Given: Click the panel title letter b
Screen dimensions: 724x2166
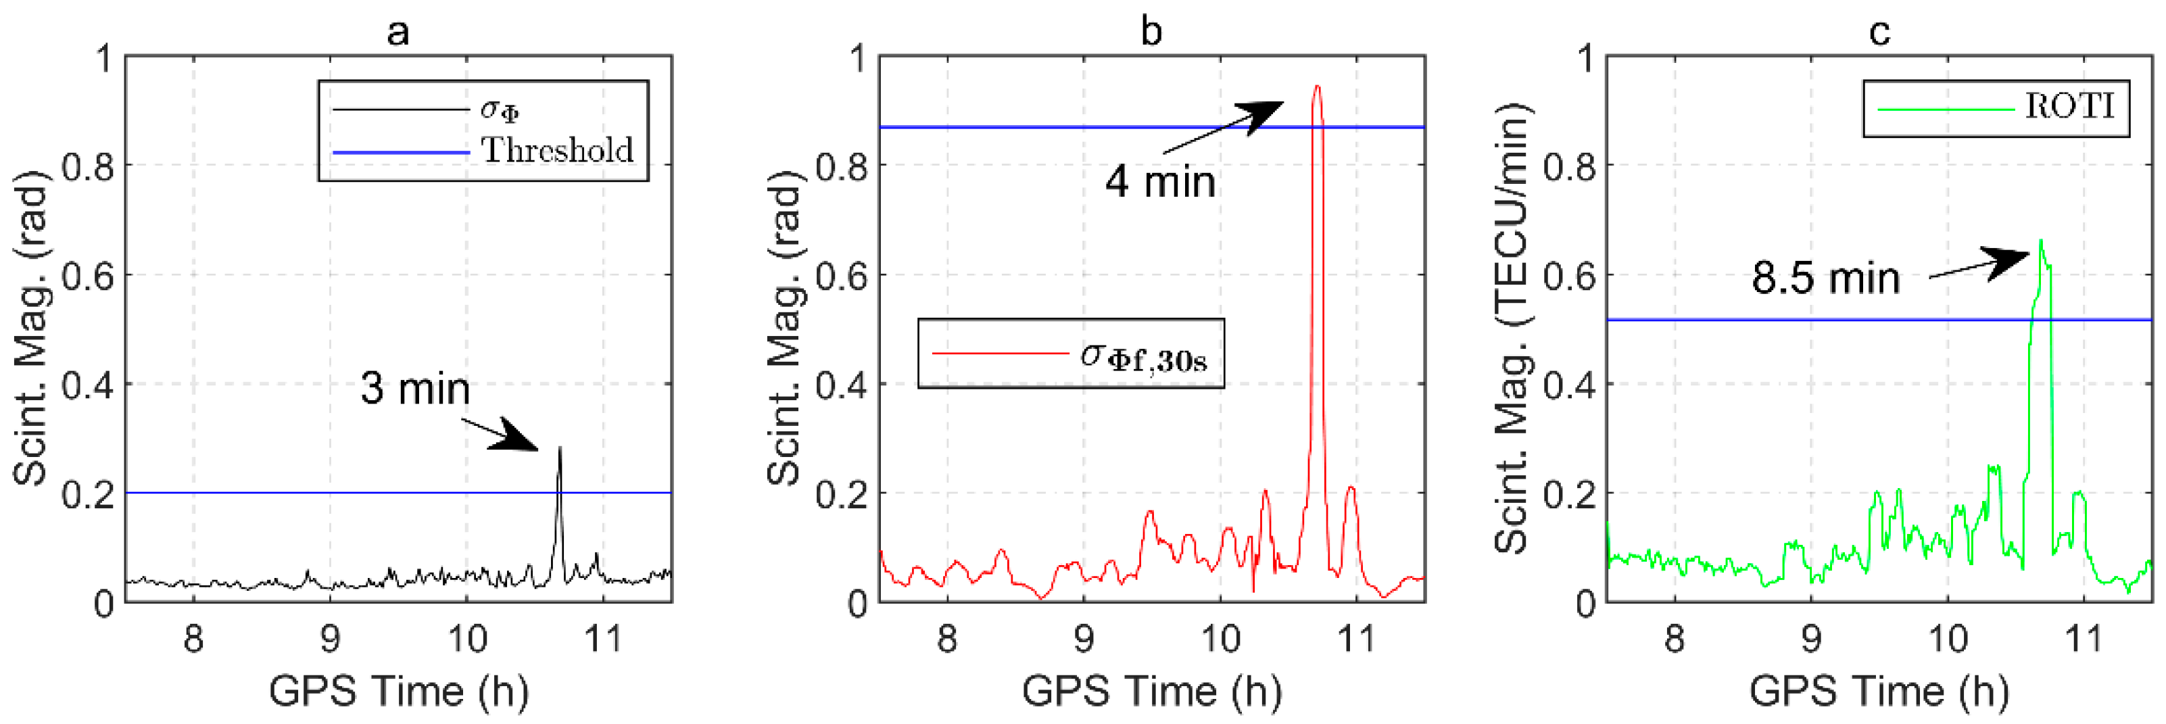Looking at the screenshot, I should point(1151,32).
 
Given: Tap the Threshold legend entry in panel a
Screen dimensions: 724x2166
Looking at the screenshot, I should point(556,151).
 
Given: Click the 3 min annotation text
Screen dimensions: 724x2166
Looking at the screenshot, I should point(414,389).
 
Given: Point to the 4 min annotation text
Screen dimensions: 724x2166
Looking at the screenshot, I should point(1159,182).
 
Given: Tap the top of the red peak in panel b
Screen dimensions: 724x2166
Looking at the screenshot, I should point(1317,87).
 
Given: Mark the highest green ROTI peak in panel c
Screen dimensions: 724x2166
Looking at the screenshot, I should point(2041,241).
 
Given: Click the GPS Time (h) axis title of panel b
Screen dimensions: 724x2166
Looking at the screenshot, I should point(1151,691).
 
